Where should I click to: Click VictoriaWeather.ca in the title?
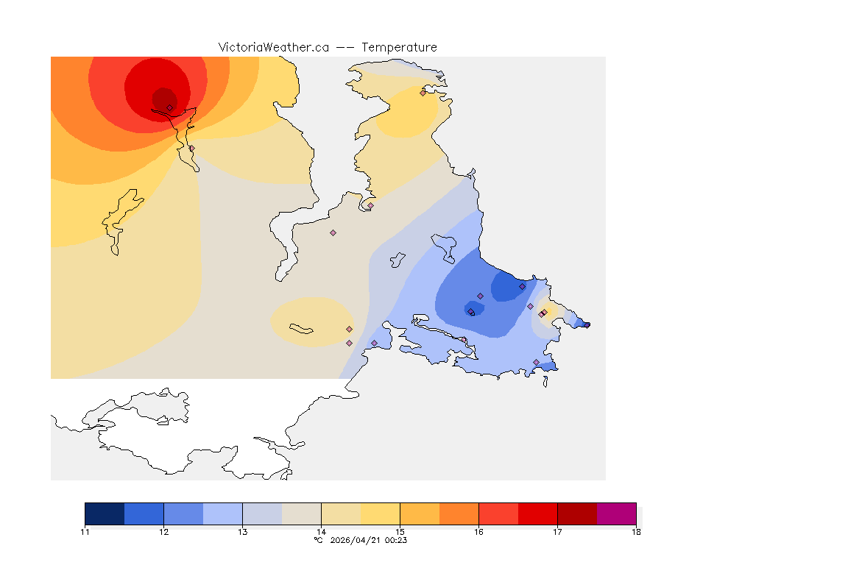pyautogui.click(x=273, y=47)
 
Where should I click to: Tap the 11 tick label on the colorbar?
pyautogui.click(x=85, y=531)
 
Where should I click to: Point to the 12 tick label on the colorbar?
pyautogui.click(x=163, y=531)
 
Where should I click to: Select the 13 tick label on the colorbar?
pyautogui.click(x=242, y=531)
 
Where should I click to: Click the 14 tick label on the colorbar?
pyautogui.click(x=321, y=531)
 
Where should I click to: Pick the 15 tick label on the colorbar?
pyautogui.click(x=400, y=531)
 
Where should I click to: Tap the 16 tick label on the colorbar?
pyautogui.click(x=478, y=531)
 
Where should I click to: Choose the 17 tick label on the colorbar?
pyautogui.click(x=557, y=531)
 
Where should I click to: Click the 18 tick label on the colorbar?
pyautogui.click(x=636, y=531)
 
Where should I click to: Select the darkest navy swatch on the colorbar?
pyautogui.click(x=105, y=514)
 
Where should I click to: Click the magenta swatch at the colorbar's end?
pyautogui.click(x=616, y=514)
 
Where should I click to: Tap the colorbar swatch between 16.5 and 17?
pyautogui.click(x=537, y=514)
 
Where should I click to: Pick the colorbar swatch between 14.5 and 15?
pyautogui.click(x=380, y=514)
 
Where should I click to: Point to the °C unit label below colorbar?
pyautogui.click(x=318, y=540)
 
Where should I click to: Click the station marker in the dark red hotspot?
pyautogui.click(x=169, y=107)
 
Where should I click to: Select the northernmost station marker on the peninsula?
pyautogui.click(x=423, y=93)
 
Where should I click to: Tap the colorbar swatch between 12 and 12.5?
pyautogui.click(x=183, y=514)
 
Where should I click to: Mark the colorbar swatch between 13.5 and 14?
pyautogui.click(x=301, y=514)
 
